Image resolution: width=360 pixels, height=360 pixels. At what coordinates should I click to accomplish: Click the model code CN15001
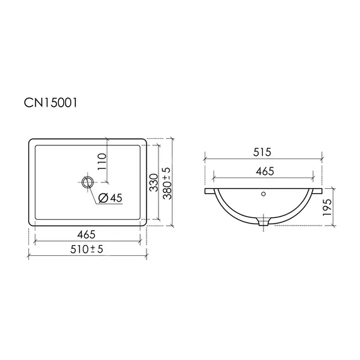51,102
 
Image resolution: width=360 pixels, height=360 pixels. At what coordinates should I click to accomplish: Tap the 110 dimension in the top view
102,162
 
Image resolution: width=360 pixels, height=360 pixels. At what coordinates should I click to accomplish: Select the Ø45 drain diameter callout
110,198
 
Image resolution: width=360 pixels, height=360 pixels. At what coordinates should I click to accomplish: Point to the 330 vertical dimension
154,183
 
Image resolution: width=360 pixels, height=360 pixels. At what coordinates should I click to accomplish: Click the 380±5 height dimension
167,183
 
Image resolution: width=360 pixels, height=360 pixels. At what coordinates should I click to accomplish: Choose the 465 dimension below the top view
87,234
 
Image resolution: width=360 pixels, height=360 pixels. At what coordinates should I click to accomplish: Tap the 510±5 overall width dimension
87,249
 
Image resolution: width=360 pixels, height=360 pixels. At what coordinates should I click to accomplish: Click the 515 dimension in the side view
262,152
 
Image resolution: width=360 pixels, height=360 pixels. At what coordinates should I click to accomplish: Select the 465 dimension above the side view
265,171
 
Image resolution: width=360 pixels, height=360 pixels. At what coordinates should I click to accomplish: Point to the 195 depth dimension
327,207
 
